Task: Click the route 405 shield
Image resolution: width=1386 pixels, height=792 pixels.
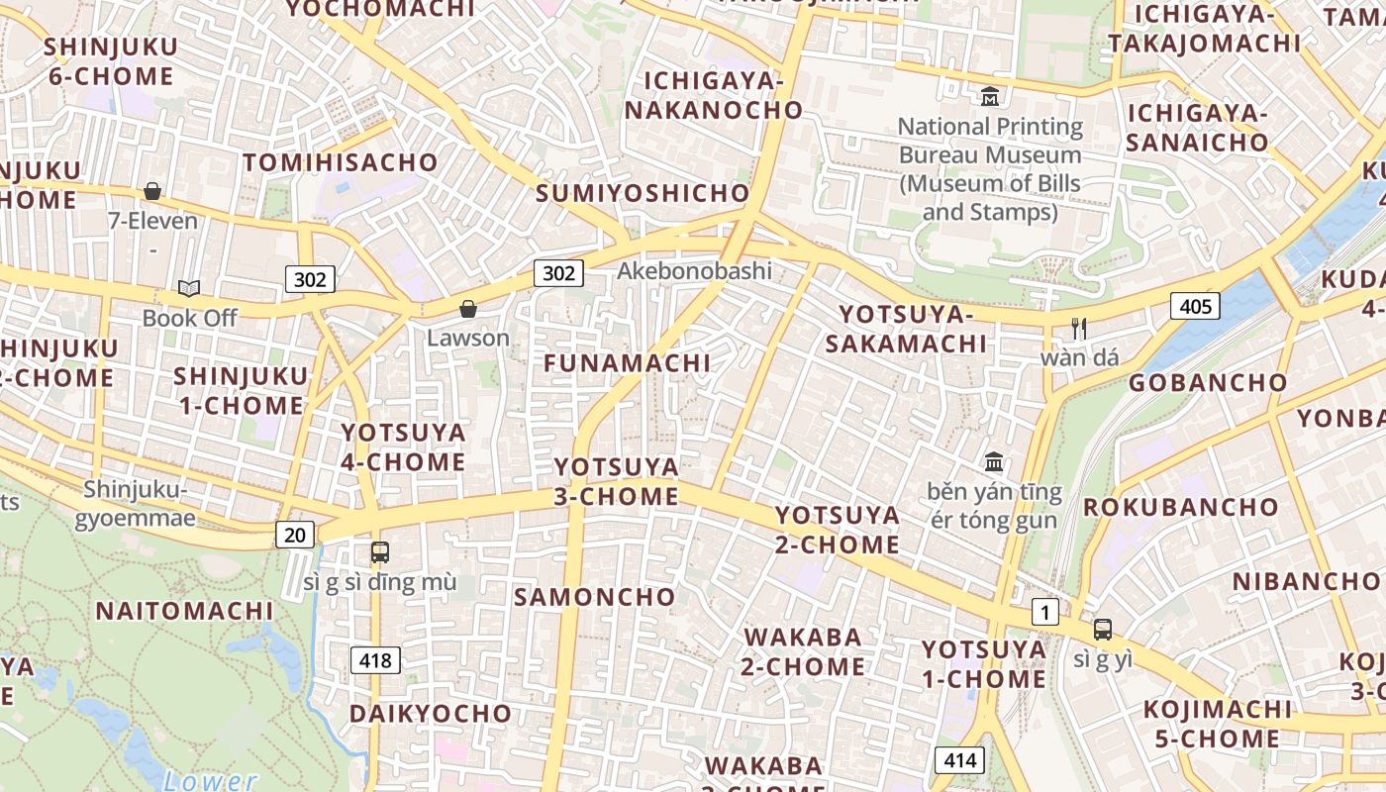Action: point(1195,306)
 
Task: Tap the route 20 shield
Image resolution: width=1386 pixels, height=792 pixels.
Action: point(294,536)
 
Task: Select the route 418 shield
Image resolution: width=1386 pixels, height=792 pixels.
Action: point(376,660)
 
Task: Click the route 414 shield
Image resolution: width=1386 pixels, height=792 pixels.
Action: point(959,760)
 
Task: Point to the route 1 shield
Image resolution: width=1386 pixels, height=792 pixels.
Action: point(1044,613)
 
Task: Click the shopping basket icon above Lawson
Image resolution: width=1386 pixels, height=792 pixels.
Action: point(468,310)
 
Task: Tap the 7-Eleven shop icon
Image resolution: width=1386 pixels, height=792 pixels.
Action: point(152,191)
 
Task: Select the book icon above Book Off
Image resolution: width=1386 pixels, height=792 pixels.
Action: point(189,288)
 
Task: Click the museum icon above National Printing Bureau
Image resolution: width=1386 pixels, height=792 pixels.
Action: point(989,97)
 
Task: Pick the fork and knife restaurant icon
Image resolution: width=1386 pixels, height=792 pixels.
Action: point(1079,328)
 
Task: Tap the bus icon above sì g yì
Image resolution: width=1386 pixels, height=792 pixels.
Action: point(1102,629)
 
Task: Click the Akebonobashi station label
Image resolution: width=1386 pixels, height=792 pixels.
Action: point(694,270)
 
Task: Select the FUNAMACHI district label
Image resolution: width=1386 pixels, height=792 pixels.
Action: point(628,363)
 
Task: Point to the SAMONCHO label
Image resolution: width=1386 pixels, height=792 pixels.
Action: point(594,597)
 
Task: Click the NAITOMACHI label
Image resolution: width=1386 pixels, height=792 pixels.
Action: point(184,611)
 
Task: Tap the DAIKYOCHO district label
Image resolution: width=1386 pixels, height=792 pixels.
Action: point(431,714)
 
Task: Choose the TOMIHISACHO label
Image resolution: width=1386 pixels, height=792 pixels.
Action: point(341,162)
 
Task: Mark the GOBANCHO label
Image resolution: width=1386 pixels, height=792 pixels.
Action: point(1208,382)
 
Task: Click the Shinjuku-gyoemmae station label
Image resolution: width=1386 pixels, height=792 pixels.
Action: point(135,503)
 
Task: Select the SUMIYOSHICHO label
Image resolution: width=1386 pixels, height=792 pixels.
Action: point(643,193)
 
